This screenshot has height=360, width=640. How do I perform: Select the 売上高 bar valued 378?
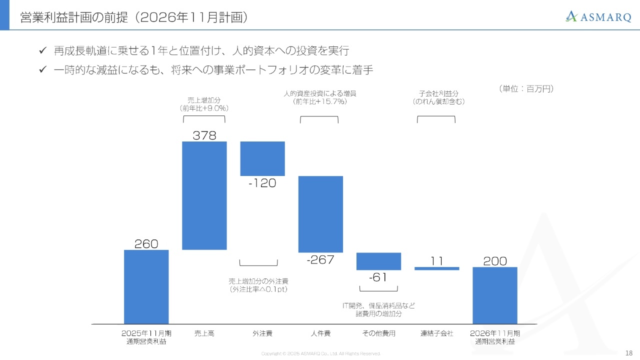click(204, 195)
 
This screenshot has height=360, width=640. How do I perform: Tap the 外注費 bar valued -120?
click(262, 158)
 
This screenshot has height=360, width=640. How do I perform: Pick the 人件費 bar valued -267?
click(320, 214)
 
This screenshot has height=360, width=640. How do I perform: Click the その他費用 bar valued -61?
click(378, 261)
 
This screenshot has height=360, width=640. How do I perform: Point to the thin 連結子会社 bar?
click(436, 268)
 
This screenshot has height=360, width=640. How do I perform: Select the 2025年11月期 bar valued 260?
click(146, 286)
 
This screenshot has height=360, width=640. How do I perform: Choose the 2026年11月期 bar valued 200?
click(495, 295)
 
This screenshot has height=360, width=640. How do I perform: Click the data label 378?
click(204, 135)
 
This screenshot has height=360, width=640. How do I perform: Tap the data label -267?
click(320, 259)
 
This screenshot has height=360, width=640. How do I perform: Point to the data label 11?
click(436, 261)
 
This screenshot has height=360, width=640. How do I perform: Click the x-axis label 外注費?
click(262, 333)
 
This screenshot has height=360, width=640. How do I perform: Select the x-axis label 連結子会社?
click(436, 333)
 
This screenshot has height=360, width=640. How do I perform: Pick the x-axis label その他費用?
click(378, 333)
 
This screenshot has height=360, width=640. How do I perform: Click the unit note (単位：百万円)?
click(526, 88)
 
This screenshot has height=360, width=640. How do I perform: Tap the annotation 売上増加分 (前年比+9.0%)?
click(204, 104)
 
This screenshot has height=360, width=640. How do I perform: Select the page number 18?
click(629, 352)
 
